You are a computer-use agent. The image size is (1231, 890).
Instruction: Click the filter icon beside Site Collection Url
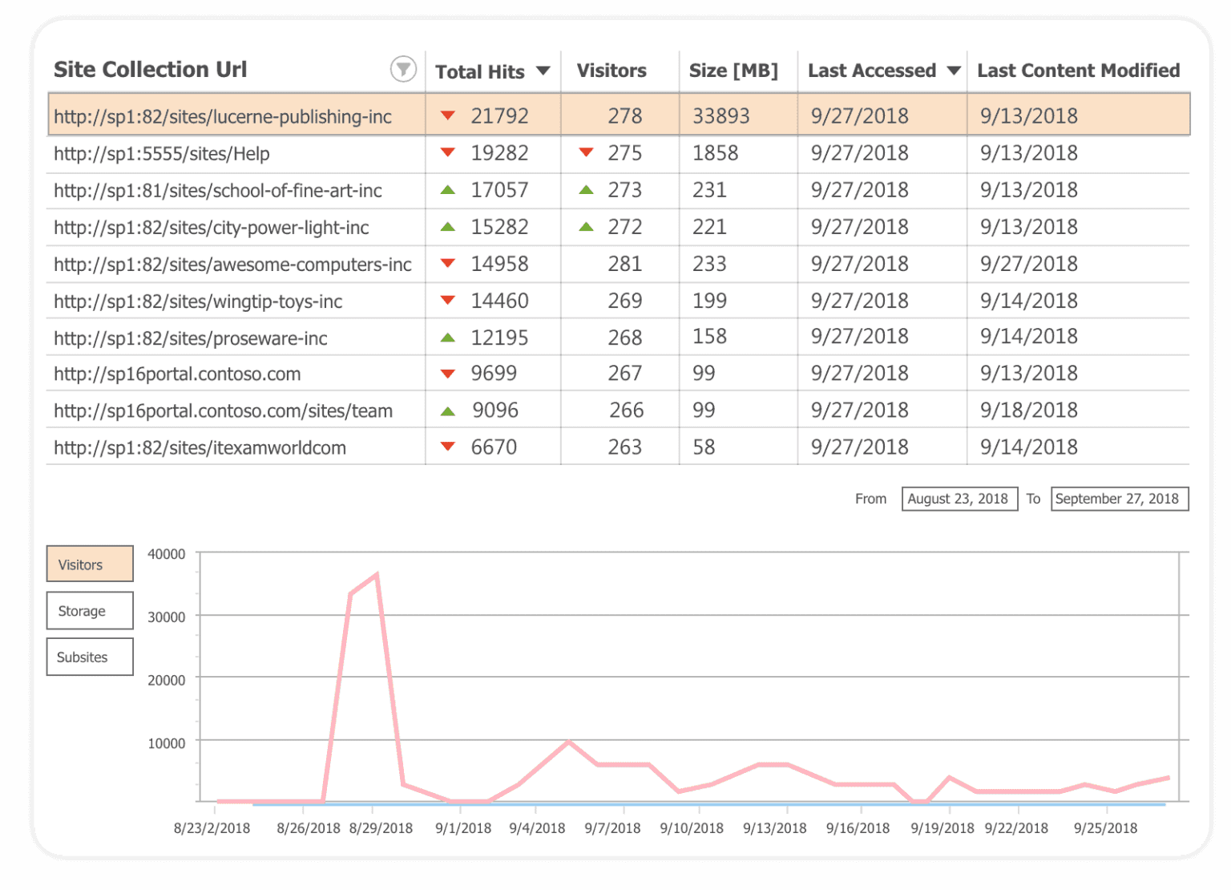403,70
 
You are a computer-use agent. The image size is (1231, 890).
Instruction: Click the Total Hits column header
479,71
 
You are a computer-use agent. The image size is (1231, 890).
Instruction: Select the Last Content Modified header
1078,71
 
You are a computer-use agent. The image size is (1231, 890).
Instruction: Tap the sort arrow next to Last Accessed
954,71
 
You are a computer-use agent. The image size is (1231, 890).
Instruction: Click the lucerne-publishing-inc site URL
223,116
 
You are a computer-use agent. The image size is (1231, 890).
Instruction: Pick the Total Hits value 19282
499,153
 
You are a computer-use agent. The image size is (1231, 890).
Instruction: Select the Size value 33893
720,116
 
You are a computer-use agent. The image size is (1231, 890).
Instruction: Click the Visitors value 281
624,264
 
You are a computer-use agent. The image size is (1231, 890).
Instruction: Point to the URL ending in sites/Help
162,154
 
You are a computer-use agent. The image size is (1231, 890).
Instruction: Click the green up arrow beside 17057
448,190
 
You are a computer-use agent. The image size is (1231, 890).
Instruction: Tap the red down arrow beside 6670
448,447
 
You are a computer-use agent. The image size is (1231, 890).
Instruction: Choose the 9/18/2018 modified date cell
1028,411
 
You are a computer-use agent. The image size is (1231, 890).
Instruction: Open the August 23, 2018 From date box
959,499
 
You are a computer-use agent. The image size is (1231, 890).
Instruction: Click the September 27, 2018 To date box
1118,499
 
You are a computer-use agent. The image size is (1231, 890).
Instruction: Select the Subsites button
90,657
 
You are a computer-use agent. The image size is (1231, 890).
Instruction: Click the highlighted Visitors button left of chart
90,564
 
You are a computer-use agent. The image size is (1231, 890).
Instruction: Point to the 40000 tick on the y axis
166,554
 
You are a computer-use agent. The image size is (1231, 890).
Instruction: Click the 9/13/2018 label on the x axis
774,828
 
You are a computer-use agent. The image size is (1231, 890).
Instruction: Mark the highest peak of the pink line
376,574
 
